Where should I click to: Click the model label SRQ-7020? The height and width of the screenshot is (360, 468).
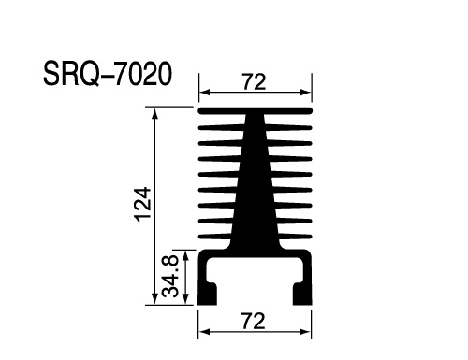click(x=108, y=74)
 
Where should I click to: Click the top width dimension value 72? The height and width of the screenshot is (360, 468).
click(x=254, y=81)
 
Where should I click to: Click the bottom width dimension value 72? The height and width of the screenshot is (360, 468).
click(x=254, y=322)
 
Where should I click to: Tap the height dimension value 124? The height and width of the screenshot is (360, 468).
click(x=143, y=204)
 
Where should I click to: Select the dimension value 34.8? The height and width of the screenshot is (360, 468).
click(x=170, y=276)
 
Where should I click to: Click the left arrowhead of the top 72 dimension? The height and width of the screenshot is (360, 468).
click(x=204, y=93)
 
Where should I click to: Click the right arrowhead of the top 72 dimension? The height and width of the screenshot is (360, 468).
click(x=306, y=93)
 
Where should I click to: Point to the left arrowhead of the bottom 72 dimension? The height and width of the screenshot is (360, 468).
click(x=204, y=332)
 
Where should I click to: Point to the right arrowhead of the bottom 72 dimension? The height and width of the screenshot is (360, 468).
click(x=306, y=332)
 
